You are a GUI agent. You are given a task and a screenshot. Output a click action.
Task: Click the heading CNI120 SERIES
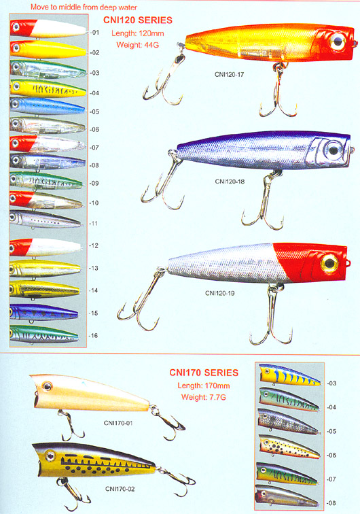138,20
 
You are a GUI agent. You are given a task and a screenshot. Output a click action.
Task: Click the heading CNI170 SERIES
204,373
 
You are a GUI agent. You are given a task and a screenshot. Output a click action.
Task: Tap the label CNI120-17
230,74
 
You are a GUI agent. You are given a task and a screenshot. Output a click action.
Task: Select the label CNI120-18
230,182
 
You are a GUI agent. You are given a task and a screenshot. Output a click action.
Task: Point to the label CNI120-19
220,293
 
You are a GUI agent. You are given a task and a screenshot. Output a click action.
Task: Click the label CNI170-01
118,423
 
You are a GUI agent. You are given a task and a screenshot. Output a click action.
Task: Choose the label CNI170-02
120,489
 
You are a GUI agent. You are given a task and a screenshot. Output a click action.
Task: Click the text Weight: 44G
138,45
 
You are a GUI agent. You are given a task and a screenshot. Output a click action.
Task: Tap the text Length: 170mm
204,385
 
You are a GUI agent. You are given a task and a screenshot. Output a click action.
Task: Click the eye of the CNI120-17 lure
338,41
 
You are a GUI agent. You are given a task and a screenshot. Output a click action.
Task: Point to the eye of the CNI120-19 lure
329,263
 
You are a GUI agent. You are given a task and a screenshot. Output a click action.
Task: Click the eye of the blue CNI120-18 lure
333,150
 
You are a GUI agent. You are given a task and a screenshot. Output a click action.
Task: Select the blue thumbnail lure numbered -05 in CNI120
47,106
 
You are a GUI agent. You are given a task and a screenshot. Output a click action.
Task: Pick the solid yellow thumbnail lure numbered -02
48,50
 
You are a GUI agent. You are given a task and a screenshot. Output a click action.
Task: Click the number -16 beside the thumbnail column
94,335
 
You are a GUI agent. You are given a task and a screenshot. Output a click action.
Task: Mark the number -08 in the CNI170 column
331,503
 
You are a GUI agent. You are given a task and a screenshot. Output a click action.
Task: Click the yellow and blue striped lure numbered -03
290,375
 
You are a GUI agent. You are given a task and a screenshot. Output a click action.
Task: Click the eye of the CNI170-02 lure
50,456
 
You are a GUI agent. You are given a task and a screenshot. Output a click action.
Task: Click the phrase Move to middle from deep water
84,7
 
